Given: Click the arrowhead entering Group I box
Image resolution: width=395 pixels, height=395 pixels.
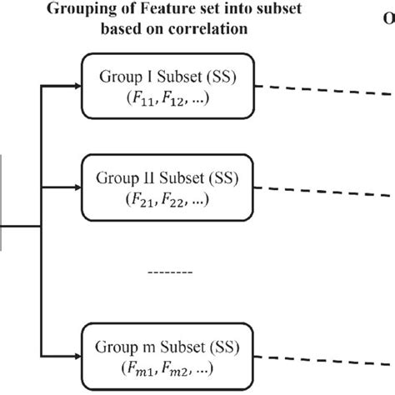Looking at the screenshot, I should [x=77, y=83].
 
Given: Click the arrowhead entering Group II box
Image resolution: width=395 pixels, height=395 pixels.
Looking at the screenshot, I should [x=77, y=187].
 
